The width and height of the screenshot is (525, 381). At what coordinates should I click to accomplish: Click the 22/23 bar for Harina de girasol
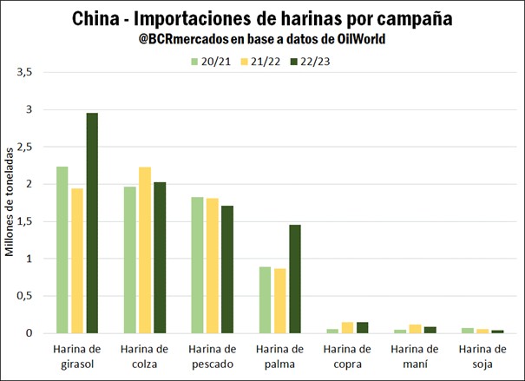[x=91, y=223]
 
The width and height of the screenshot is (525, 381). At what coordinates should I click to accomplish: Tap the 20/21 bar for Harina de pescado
[x=198, y=265]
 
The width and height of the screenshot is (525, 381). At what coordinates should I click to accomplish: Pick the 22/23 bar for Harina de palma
[x=295, y=279]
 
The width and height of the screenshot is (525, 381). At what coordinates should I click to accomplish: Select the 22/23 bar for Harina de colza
[x=159, y=258]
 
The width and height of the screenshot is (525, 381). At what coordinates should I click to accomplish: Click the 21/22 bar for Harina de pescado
[x=213, y=266]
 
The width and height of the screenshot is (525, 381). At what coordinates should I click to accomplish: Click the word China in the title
[x=95, y=18]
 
